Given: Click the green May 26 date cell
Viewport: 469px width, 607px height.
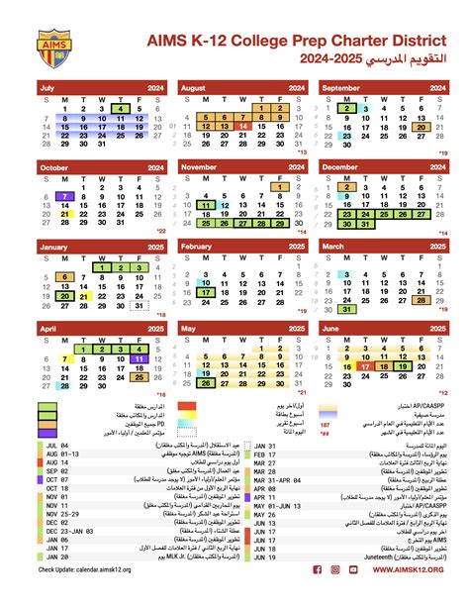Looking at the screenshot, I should (x=206, y=382).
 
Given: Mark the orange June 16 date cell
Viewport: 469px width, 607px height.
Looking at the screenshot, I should (x=347, y=367).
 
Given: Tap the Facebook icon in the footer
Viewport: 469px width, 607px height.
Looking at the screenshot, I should (x=318, y=597).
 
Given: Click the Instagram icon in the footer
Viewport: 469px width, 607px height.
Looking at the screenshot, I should (x=336, y=597).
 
